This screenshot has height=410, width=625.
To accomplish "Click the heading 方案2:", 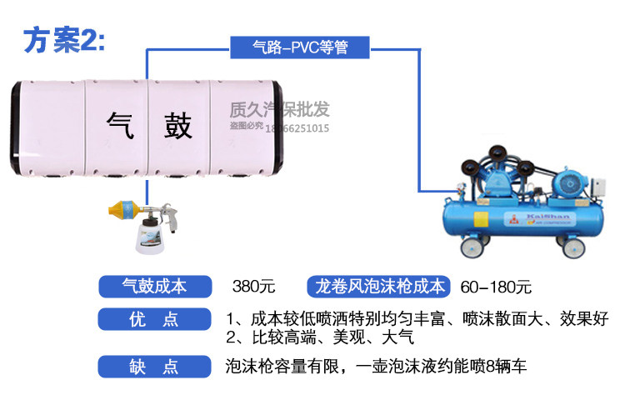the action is [x=65, y=40].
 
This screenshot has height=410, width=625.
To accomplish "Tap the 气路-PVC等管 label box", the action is [x=299, y=47].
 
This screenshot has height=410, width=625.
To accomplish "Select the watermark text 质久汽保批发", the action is [x=279, y=109].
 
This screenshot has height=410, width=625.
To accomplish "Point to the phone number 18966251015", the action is [x=297, y=128].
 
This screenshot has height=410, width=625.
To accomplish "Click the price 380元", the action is [x=253, y=287].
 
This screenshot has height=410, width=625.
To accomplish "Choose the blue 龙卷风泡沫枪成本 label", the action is [x=380, y=287].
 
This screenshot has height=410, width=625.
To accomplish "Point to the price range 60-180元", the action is [x=495, y=287].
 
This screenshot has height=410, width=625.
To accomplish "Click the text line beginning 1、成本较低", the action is [x=417, y=319].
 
